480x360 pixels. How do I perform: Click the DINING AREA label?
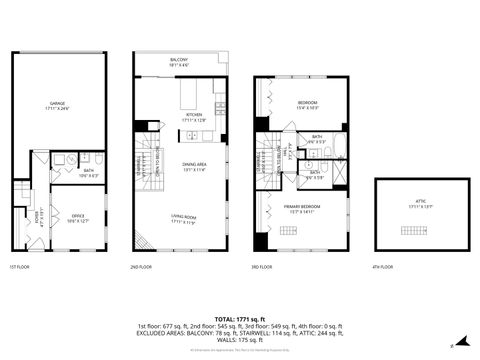(193, 167)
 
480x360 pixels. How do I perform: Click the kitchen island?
(193, 97)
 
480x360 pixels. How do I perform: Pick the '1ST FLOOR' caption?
(20, 268)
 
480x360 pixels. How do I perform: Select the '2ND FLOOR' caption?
(142, 268)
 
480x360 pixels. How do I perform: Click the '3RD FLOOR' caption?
(262, 268)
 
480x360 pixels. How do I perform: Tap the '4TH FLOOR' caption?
(381, 268)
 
